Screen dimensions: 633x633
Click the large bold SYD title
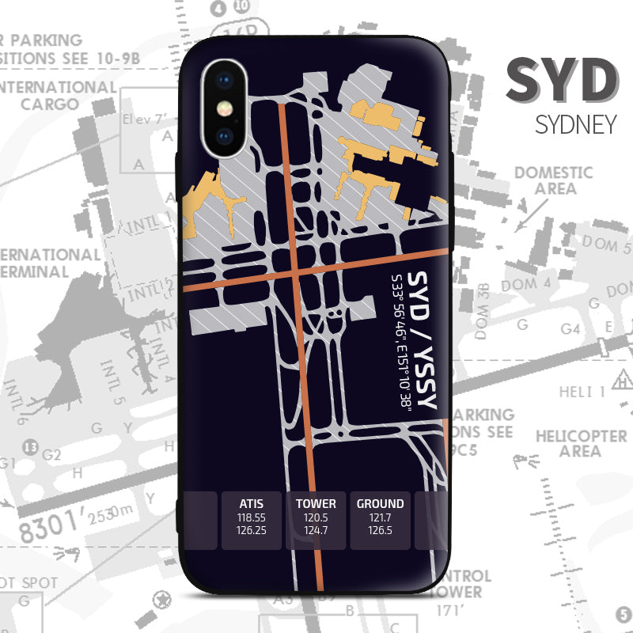click(x=562, y=81)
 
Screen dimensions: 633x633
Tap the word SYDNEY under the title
click(x=575, y=124)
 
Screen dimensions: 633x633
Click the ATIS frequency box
click(x=251, y=520)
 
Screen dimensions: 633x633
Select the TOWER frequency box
click(x=316, y=520)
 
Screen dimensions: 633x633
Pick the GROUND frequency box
click(x=380, y=520)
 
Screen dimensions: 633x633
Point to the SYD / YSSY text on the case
click(x=426, y=341)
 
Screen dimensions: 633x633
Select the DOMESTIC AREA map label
click(x=554, y=180)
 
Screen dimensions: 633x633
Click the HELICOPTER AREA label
click(x=581, y=443)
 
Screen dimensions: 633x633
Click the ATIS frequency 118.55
click(x=251, y=517)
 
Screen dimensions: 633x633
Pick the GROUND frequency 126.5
click(x=380, y=530)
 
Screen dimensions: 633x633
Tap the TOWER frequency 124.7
click(x=316, y=530)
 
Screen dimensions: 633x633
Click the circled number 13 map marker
click(x=31, y=448)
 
